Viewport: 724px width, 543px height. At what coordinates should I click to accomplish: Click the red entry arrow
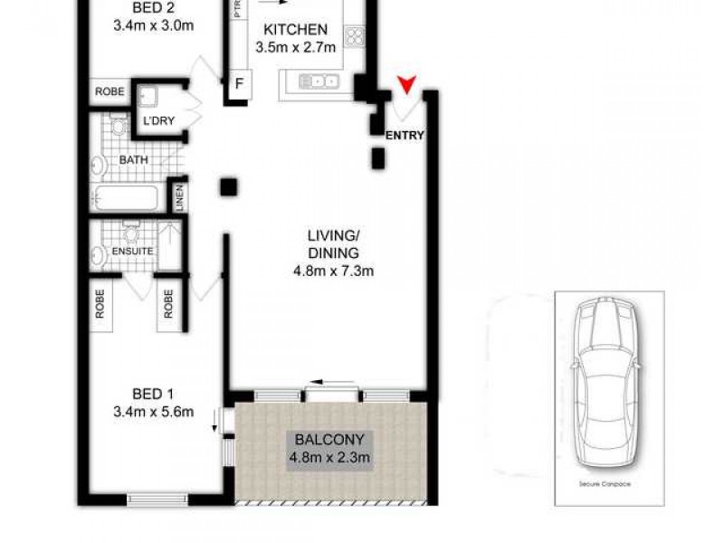(408, 86)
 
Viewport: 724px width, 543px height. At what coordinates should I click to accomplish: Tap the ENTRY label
(405, 136)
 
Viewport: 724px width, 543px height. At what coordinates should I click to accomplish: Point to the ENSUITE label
(132, 250)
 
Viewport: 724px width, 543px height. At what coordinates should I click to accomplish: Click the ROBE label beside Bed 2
(110, 91)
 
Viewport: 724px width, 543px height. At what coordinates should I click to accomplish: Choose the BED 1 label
(152, 394)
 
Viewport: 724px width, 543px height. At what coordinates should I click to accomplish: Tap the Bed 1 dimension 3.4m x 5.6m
(152, 413)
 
